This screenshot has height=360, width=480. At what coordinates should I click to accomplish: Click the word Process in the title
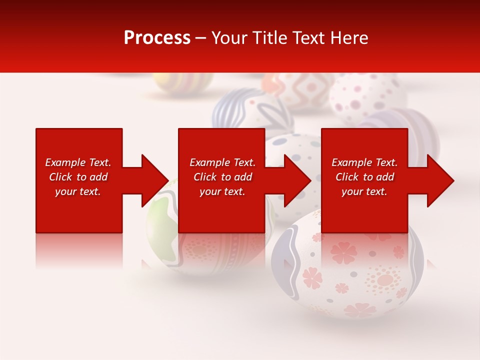click(157, 38)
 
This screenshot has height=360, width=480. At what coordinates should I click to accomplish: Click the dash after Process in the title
click(201, 38)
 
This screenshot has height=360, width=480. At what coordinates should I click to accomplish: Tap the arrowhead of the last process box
click(439, 180)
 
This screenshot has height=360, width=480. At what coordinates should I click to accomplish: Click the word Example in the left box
click(65, 162)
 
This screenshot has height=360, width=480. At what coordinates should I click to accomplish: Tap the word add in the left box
click(99, 177)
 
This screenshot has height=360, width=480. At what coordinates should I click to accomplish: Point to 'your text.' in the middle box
click(222, 191)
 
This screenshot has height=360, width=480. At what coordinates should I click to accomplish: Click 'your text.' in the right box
click(364, 191)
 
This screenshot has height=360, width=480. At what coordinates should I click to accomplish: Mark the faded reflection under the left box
click(79, 250)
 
